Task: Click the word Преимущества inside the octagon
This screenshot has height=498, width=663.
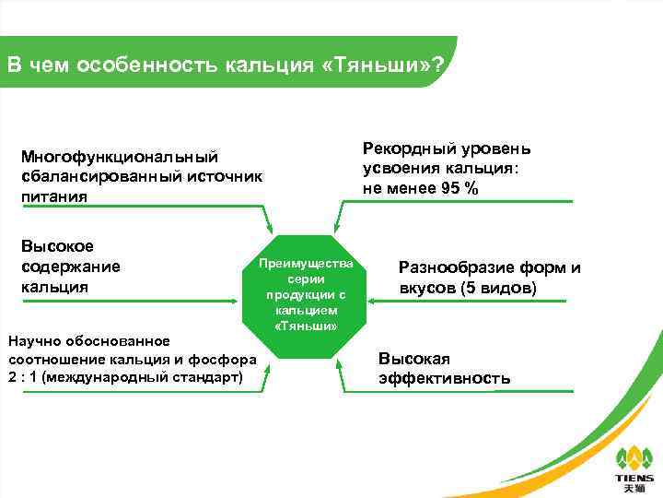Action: pyautogui.click(x=305, y=263)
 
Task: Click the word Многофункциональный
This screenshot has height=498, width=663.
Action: pyautogui.click(x=119, y=158)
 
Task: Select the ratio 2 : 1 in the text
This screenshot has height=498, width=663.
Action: pyautogui.click(x=24, y=378)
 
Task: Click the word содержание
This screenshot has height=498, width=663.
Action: pyautogui.click(x=70, y=267)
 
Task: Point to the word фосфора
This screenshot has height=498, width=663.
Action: pyautogui.click(x=219, y=360)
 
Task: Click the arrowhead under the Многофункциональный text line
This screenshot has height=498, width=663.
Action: pyautogui.click(x=269, y=226)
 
